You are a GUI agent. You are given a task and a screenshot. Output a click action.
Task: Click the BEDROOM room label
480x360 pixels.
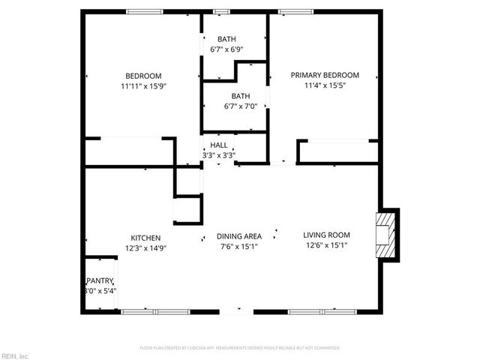click(x=142, y=76)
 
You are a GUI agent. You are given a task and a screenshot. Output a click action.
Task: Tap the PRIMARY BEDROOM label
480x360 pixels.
click(x=325, y=75)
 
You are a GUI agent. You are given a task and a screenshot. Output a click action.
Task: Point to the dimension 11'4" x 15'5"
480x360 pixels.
click(x=325, y=85)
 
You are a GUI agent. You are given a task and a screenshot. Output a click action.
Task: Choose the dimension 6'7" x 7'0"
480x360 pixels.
click(x=240, y=106)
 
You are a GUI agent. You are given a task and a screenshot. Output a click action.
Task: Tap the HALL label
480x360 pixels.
click(x=219, y=145)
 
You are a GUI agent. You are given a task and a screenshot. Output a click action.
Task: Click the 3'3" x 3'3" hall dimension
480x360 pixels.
click(x=219, y=155)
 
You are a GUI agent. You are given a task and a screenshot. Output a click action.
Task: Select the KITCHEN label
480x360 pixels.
click(x=145, y=238)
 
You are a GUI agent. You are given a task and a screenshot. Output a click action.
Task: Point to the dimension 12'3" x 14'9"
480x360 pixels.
click(x=145, y=247)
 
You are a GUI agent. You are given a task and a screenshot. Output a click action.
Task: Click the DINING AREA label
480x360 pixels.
click(x=240, y=235)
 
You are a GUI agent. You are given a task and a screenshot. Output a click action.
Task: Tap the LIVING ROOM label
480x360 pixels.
click(x=327, y=234)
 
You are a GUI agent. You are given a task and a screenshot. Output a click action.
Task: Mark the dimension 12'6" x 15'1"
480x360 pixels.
click(x=327, y=244)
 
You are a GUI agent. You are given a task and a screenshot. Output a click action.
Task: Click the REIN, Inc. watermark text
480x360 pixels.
click(x=14, y=355)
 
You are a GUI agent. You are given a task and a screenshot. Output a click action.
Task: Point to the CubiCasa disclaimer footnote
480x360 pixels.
click(x=240, y=348)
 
